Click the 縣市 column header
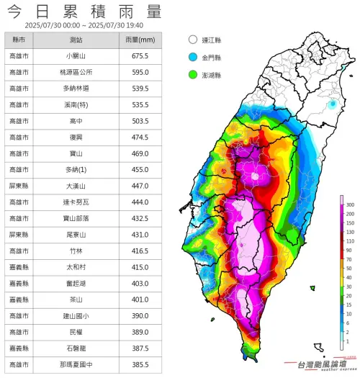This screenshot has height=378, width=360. click(x=19, y=40)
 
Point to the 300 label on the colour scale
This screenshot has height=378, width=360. click(x=350, y=205)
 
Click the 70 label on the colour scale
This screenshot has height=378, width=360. click(x=350, y=258)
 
